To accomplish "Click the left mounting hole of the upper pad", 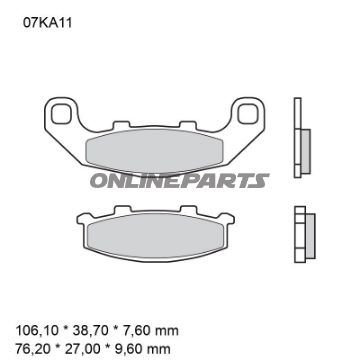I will (59, 109).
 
